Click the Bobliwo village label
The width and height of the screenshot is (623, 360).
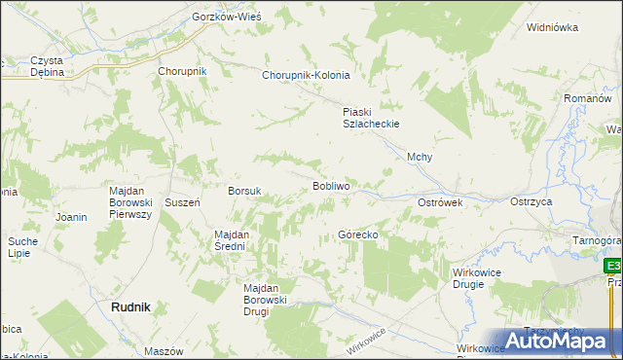pos(331,185)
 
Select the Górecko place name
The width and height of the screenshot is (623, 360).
pos(357,235)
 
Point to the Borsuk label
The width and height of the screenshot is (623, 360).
pos(244,192)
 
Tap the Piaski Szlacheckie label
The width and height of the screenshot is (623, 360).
pos(371,118)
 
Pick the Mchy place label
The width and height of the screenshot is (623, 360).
pos(420,158)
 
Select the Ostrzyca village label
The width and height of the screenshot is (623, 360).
pos(531,201)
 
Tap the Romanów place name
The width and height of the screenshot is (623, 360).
pos(587,99)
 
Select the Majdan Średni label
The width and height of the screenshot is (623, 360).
pos(233,240)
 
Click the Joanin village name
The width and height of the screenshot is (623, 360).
pos(73,216)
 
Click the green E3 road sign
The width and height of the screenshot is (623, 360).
pos(613,266)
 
